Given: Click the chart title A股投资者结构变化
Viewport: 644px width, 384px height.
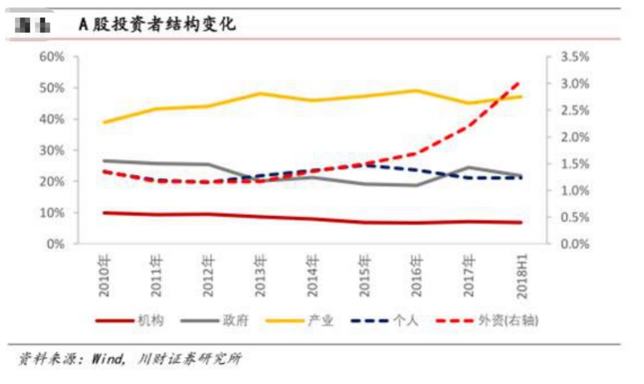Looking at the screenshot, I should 157,25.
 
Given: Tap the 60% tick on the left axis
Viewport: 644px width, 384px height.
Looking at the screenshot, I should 52,57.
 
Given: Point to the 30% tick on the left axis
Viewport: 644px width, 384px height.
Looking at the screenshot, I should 52,151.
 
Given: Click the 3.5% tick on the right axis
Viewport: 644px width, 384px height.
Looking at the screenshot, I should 575,57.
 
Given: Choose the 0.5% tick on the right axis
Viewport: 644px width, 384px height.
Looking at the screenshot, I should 575,218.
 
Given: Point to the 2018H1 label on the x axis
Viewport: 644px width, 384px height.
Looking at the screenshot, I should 520,274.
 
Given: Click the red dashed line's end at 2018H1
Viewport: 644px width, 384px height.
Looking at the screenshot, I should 520,82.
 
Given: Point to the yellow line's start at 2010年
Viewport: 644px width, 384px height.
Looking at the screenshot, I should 104,122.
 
